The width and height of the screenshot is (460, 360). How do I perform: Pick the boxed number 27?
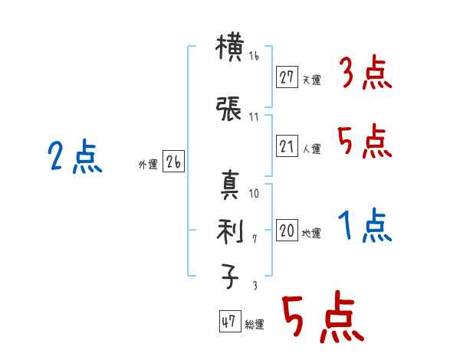tap(287, 77)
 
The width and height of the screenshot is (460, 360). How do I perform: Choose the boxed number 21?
tap(287, 146)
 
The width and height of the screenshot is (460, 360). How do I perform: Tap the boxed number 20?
tap(287, 231)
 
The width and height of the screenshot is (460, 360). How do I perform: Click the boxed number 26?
tap(174, 162)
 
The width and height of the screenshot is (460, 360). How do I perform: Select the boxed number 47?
tap(228, 322)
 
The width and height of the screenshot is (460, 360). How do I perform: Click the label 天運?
tap(311, 79)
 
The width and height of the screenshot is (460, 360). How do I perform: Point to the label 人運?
tap(311, 149)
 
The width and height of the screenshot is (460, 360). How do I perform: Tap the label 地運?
tap(311, 233)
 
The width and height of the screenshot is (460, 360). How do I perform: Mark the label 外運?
tap(148, 164)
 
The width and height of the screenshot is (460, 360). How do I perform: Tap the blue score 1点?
tap(365, 226)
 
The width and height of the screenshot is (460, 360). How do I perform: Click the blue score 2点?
tap(75, 158)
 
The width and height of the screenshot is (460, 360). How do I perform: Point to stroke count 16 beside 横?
tap(255, 57)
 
